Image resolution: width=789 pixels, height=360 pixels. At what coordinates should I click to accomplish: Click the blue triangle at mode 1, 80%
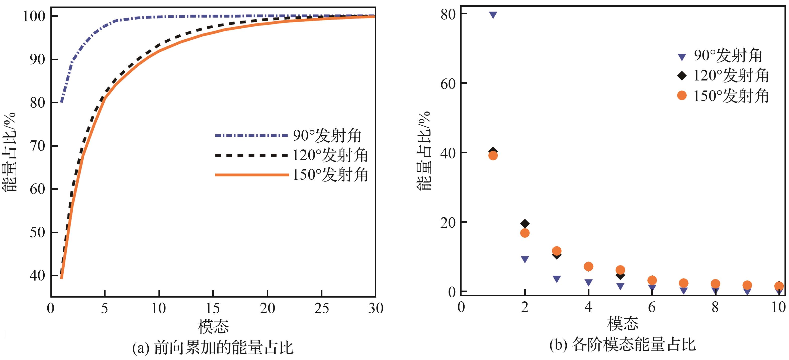[493, 15]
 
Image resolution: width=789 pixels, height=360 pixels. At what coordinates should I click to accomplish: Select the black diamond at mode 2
[525, 224]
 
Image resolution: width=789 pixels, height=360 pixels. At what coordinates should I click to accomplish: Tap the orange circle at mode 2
[525, 233]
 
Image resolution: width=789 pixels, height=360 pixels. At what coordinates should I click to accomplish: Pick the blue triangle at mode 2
[525, 259]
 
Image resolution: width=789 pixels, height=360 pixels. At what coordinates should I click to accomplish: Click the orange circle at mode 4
[588, 266]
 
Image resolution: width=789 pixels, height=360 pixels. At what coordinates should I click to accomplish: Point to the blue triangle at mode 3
[557, 279]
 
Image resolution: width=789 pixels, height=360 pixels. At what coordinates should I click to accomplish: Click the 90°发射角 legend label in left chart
[327, 135]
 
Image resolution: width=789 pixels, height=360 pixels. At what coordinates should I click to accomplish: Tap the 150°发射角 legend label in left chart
[330, 175]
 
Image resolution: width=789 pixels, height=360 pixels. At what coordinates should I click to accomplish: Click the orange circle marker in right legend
[682, 96]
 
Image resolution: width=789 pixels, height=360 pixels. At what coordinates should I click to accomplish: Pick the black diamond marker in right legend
[682, 75]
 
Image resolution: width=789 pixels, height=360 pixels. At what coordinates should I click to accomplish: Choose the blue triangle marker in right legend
[682, 57]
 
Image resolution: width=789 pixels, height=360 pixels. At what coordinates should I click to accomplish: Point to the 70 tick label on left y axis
[37, 146]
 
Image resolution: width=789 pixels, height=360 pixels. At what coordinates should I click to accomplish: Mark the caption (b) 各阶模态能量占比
[622, 345]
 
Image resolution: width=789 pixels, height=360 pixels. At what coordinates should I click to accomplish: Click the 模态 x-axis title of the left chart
[213, 326]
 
